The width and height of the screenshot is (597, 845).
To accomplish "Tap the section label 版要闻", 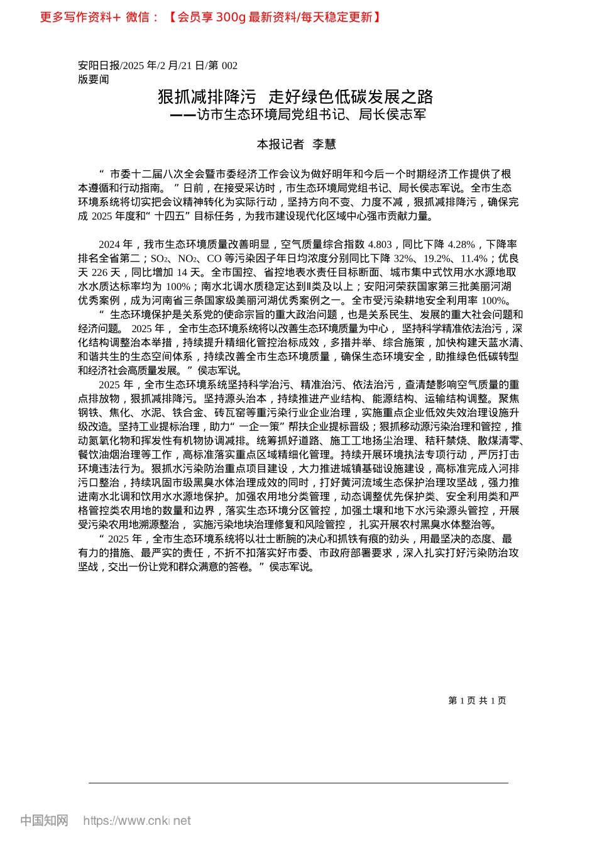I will [x=94, y=79].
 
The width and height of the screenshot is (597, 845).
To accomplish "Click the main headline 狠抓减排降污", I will [x=207, y=97].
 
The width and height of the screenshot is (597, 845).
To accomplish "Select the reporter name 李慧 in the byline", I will [x=324, y=145].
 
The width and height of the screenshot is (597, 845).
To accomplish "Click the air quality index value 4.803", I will [x=380, y=245].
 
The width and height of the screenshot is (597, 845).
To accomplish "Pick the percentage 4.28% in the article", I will [x=462, y=245].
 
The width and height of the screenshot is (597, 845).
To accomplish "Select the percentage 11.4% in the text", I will [x=474, y=258].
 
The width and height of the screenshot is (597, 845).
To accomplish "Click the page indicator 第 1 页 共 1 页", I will [x=477, y=700].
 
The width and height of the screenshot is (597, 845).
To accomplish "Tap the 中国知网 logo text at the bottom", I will [x=44, y=820].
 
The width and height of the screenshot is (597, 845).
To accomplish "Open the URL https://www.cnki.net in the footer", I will [x=137, y=820].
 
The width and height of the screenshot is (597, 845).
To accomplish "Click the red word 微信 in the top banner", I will [x=138, y=17].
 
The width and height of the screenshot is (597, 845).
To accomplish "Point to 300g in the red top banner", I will [x=231, y=17].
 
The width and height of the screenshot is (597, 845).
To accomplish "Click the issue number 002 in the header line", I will [x=229, y=65].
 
